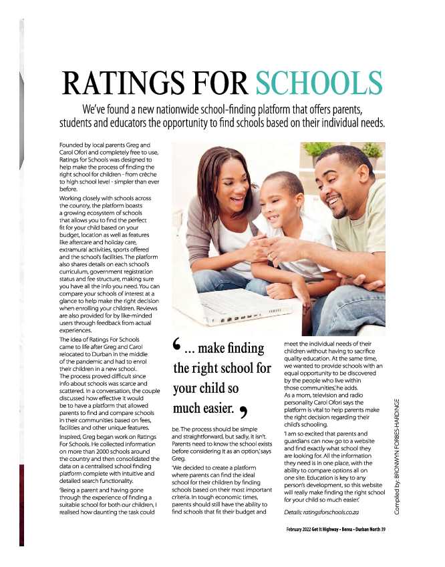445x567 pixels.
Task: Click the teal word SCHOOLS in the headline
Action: click(319, 83)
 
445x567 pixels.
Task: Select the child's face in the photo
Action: click(281, 200)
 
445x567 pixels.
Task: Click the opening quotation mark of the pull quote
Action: click(176, 346)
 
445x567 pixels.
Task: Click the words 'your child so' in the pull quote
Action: click(206, 388)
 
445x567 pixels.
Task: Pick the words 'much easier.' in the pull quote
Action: click(204, 407)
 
